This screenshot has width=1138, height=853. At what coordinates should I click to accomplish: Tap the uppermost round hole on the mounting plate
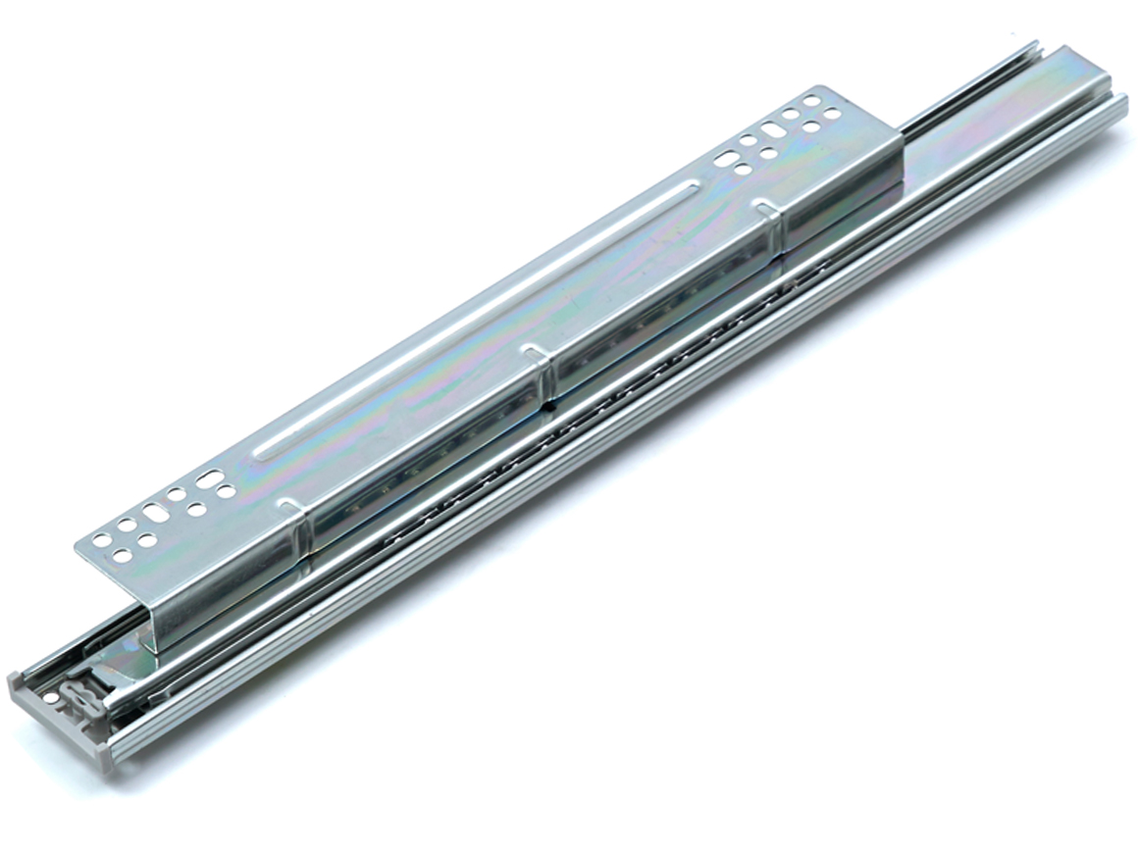(810, 100)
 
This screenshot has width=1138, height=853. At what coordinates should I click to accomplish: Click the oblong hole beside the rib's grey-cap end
(209, 478)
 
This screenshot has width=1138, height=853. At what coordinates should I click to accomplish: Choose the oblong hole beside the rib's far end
(725, 158)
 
